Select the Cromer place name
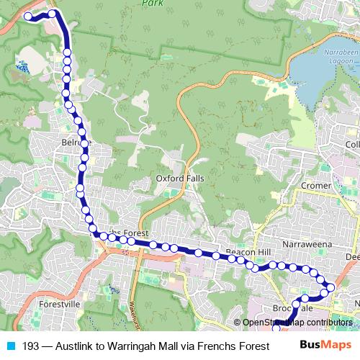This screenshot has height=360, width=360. [316, 185]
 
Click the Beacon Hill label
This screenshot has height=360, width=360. [248, 251]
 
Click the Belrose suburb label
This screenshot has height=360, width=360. [78, 143]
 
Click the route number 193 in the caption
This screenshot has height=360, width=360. [30, 346]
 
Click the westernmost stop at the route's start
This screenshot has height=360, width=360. [28, 16]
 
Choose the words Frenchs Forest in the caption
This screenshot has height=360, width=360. [234, 346]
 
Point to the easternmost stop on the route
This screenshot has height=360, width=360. [330, 288]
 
